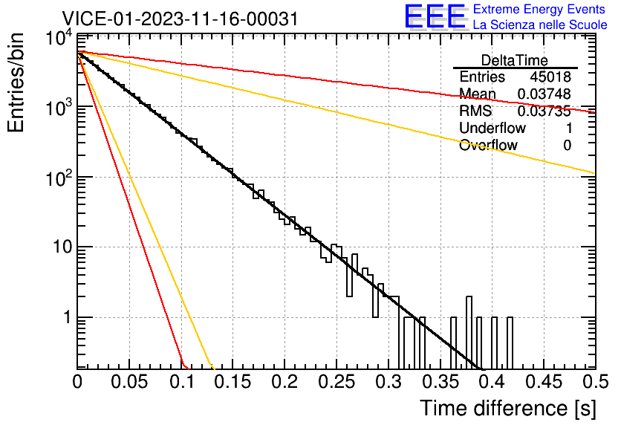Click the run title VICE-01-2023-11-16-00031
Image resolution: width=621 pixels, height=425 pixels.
click(181, 19)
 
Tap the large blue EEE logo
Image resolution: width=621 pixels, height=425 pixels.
click(435, 16)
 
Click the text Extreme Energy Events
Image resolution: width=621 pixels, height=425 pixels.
click(539, 9)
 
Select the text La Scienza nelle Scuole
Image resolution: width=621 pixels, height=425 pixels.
click(540, 25)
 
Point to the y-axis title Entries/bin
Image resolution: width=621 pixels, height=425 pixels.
click(16, 82)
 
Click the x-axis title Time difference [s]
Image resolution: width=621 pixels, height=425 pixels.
click(508, 408)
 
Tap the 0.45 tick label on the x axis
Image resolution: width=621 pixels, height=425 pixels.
click(544, 382)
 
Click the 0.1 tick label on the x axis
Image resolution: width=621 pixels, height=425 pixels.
click(182, 382)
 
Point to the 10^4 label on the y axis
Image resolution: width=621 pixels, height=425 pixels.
click(59, 38)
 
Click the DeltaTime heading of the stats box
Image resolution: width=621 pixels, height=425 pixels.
click(515, 60)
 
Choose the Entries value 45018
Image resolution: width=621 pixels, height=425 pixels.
click(550, 77)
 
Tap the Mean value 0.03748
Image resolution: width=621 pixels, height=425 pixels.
click(544, 94)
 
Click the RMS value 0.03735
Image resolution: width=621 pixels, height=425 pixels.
click(544, 111)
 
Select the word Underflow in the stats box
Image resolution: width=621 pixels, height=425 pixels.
click(492, 128)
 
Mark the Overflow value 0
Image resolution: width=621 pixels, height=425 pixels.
click(567, 145)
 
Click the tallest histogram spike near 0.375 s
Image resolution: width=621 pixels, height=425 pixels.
click(469, 333)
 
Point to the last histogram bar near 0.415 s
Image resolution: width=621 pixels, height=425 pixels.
click(510, 343)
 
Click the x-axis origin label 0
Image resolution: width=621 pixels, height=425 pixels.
click(77, 382)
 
